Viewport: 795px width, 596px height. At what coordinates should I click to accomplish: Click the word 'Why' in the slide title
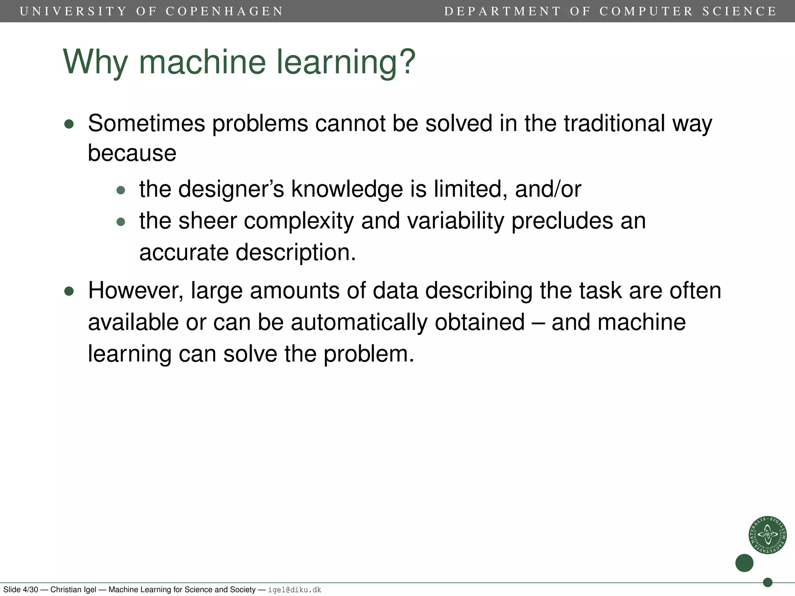click(x=95, y=62)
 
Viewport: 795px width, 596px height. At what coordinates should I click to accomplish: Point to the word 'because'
click(x=132, y=153)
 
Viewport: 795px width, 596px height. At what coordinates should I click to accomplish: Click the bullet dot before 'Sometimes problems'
click(x=69, y=124)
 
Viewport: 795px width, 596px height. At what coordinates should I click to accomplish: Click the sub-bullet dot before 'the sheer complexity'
click(x=121, y=222)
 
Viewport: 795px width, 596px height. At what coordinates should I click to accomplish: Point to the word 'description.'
click(x=296, y=253)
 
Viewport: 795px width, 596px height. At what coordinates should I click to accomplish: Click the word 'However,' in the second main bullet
click(x=135, y=291)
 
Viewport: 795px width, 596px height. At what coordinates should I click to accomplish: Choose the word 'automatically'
click(x=359, y=322)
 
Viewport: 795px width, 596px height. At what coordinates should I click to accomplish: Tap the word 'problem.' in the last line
click(x=368, y=354)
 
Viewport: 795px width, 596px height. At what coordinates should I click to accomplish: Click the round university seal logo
click(x=767, y=535)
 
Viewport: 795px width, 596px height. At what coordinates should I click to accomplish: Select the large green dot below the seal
click(x=744, y=563)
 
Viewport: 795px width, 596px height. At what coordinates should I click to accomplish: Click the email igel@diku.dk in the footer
click(x=295, y=590)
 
